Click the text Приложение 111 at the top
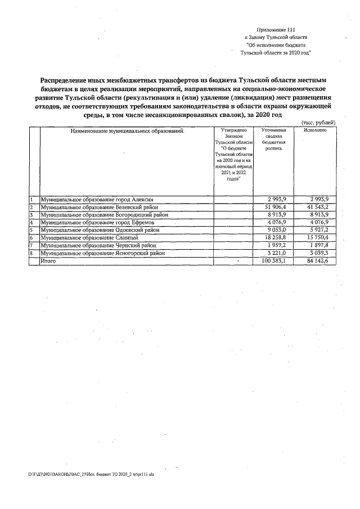[x=275, y=29]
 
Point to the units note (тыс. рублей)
[x=319, y=122]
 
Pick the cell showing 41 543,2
[x=318, y=208]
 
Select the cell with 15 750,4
[x=318, y=238]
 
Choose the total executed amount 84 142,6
[x=318, y=261]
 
